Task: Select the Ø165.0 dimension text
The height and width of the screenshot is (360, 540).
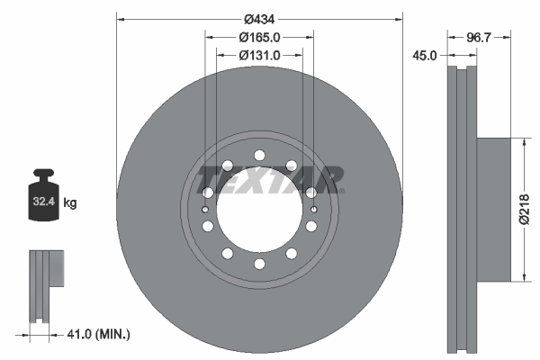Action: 259,37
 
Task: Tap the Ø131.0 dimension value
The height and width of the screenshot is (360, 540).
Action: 259,55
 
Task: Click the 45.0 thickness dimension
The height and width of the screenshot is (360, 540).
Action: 425,55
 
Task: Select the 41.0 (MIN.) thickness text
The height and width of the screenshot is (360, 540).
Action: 99,335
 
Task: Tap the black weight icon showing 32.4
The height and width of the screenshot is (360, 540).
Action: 43,195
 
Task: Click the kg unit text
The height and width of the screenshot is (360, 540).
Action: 69,203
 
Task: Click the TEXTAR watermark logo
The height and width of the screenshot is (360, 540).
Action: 270,177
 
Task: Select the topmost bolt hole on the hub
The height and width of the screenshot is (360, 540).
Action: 259,154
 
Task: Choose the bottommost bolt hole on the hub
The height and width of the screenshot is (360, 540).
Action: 259,264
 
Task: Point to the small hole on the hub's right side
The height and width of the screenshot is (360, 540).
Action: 313,209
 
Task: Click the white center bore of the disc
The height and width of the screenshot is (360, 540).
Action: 259,216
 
